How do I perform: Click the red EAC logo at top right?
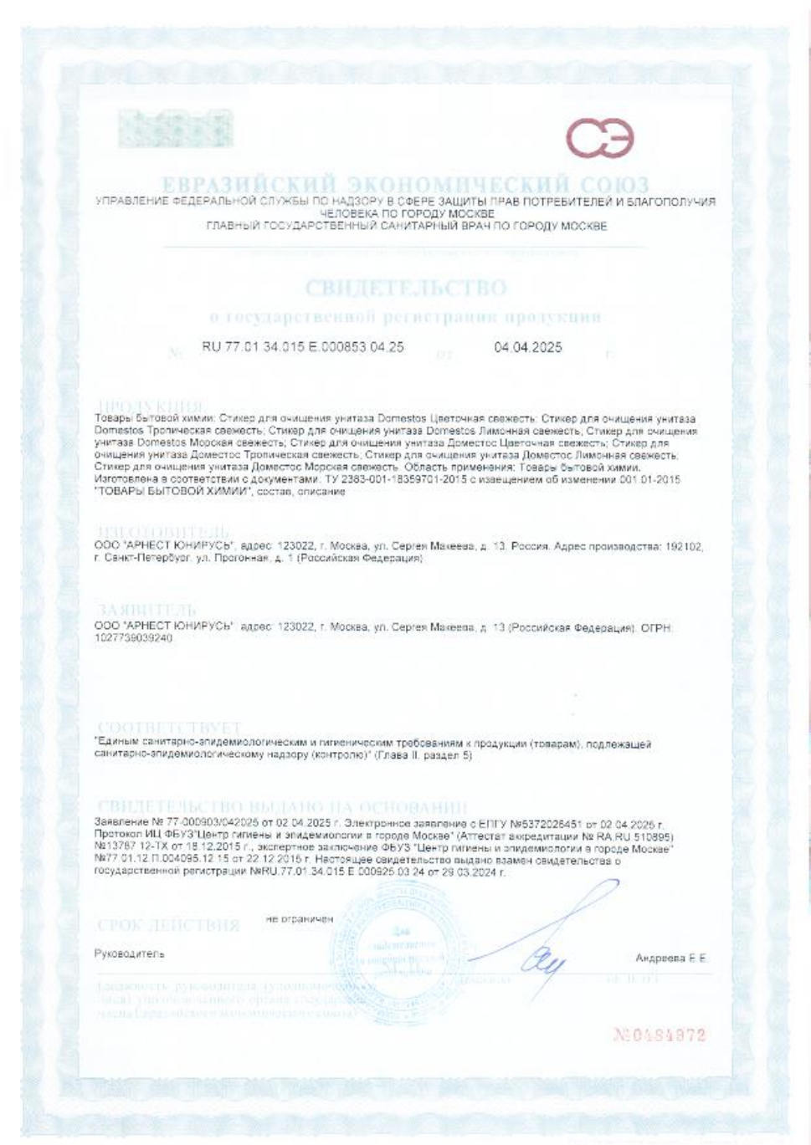pyautogui.click(x=600, y=139)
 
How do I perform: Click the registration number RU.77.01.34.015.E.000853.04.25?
pyautogui.click(x=302, y=347)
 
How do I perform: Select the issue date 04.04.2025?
pyautogui.click(x=528, y=347)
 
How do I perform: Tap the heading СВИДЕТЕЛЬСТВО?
pyautogui.click(x=405, y=289)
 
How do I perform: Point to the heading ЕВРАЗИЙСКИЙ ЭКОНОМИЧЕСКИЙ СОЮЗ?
pyautogui.click(x=405, y=184)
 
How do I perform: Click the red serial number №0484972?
pyautogui.click(x=660, y=1035)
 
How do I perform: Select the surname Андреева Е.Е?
pyautogui.click(x=670, y=958)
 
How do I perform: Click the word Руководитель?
pyautogui.click(x=130, y=953)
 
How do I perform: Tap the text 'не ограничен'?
pyautogui.click(x=299, y=919)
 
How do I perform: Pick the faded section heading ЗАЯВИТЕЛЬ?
pyautogui.click(x=147, y=609)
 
